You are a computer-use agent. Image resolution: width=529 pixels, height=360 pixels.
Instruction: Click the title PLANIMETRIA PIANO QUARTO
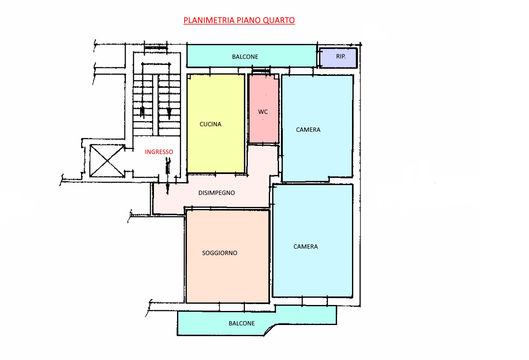pos(239,20)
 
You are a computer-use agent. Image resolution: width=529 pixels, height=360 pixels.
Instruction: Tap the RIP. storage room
pos(338,58)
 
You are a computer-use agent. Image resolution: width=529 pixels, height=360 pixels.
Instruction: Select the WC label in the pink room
pos(263,112)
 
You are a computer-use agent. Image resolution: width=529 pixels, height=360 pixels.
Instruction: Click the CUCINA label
pos(210,124)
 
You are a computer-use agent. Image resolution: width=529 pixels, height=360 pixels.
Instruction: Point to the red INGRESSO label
pos(159,152)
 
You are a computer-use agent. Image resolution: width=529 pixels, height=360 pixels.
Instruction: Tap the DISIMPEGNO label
pos(217,193)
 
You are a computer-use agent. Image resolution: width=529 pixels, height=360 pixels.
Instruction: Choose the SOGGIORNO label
pos(220,253)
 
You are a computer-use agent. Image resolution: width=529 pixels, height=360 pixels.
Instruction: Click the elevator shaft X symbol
pos(107,161)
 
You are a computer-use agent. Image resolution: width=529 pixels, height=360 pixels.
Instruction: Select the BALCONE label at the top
pos(245,57)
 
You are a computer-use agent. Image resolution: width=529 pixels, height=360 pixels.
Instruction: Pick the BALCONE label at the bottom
pos(241,323)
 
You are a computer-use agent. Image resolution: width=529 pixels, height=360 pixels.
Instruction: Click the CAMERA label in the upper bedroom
pos(308,130)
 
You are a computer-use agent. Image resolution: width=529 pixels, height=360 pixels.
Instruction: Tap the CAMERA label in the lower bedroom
pos(305,247)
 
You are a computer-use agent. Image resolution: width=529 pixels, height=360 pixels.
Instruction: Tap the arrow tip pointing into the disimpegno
pos(167,194)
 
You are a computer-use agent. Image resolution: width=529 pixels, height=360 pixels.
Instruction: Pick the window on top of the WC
pos(261,70)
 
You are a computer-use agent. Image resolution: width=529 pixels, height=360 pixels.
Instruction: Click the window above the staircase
pos(156,48)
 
